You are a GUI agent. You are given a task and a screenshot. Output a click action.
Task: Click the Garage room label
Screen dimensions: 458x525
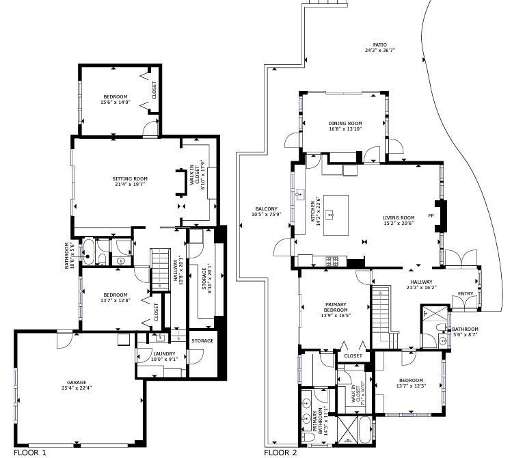(x=77, y=382)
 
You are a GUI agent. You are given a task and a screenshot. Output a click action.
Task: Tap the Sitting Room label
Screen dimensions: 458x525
(x=130, y=179)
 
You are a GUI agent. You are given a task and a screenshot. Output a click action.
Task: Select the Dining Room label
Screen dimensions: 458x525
(x=345, y=124)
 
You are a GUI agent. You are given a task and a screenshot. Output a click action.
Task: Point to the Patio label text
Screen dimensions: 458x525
(x=379, y=44)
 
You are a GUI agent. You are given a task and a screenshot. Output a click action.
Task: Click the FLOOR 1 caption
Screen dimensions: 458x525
(x=30, y=453)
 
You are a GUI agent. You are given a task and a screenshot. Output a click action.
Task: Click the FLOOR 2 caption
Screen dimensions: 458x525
(x=280, y=453)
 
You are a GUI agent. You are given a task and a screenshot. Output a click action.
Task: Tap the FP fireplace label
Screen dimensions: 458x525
(x=431, y=216)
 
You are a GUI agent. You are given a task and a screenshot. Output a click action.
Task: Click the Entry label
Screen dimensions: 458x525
(x=466, y=294)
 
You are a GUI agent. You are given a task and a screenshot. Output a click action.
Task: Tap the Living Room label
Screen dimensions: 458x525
(x=398, y=218)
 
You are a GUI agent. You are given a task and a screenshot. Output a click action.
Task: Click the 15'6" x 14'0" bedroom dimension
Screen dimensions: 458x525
(x=115, y=103)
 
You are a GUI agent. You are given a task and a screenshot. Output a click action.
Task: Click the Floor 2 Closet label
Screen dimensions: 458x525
(x=353, y=355)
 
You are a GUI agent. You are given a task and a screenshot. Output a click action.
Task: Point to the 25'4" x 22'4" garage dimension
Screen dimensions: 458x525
(x=77, y=388)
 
